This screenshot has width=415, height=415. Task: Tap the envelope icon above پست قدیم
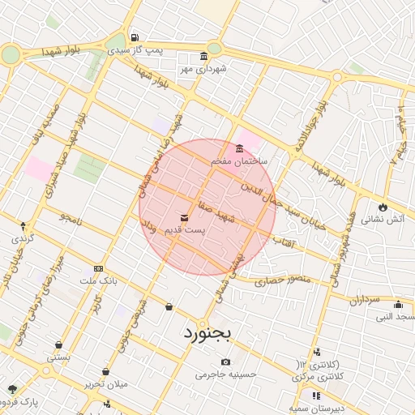click(x=185, y=218)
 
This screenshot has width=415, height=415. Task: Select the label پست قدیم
click(x=185, y=230)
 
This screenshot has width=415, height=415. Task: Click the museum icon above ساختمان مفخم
click(x=239, y=149)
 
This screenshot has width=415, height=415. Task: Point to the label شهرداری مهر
click(x=202, y=69)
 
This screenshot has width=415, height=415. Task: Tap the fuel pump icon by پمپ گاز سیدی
click(x=134, y=37)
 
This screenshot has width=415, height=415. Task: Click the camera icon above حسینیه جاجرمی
click(x=225, y=362)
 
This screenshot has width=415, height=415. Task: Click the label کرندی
click(x=23, y=240)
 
